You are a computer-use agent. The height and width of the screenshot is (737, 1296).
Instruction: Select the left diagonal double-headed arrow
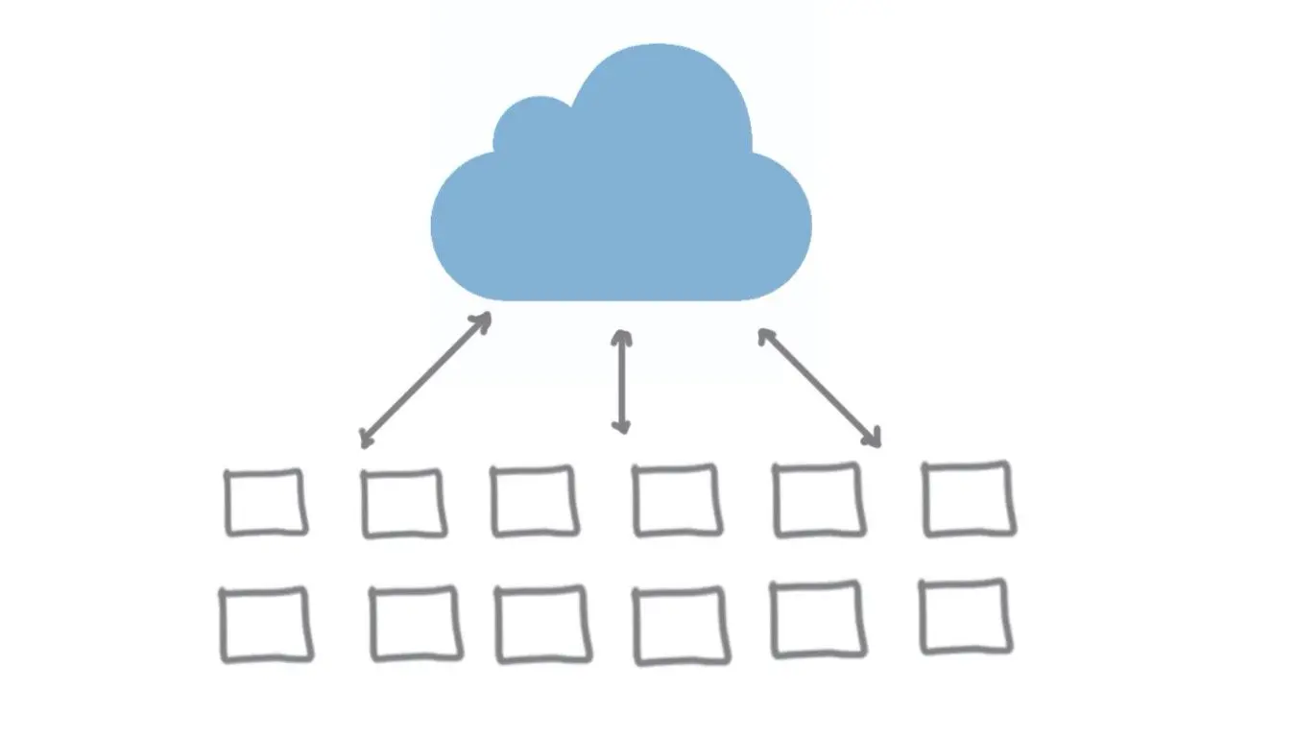click(x=425, y=380)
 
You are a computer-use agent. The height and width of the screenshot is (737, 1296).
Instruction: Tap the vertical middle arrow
click(x=622, y=382)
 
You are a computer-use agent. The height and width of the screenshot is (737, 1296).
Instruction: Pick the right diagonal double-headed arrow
click(x=819, y=387)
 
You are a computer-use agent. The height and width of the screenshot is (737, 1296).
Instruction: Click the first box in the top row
click(x=265, y=501)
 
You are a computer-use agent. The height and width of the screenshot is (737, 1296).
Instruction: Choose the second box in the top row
click(x=403, y=503)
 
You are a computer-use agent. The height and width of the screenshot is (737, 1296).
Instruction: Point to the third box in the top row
click(x=534, y=500)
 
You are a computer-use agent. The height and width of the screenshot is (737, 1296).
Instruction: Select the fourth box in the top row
click(x=676, y=500)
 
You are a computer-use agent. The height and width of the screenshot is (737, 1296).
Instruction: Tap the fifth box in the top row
click(x=818, y=499)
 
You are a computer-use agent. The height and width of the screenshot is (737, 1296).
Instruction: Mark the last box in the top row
click(x=968, y=498)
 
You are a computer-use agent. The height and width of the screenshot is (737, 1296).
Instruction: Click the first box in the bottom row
click(x=266, y=625)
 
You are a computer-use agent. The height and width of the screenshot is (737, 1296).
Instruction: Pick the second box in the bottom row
click(x=415, y=625)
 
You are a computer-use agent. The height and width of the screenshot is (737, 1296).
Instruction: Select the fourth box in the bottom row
click(x=678, y=626)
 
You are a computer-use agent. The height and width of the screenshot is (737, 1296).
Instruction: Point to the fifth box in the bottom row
click(x=817, y=620)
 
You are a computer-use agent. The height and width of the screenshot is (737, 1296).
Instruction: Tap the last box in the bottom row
click(x=965, y=617)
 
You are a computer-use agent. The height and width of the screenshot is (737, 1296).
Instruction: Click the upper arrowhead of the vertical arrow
click(x=622, y=337)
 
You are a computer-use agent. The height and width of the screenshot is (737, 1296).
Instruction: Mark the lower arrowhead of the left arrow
click(x=366, y=440)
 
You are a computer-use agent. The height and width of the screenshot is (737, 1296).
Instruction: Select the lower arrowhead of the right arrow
click(x=873, y=440)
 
